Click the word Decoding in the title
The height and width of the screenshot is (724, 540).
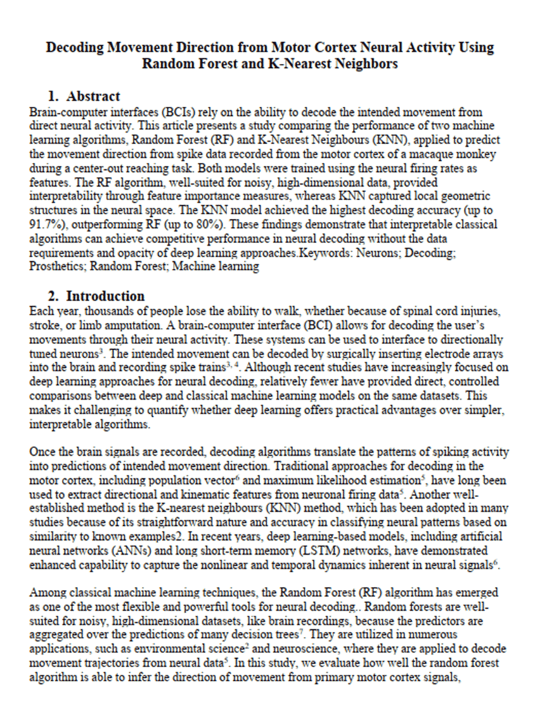tap(76, 48)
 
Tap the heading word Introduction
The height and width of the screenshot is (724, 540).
tap(105, 296)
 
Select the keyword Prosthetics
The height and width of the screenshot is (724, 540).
tap(57, 267)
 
